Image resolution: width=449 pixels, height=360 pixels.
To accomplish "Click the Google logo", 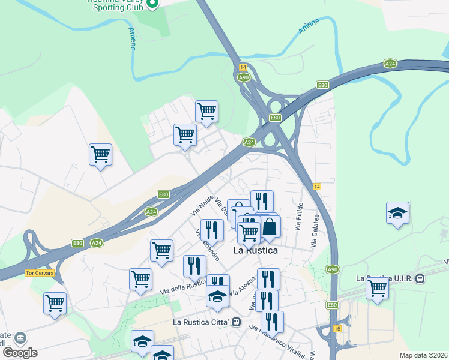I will pos(20,353).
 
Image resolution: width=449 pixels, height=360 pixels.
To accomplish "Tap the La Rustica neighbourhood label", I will pos(255,250).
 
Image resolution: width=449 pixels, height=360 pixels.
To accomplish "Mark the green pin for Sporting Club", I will pos(152,4).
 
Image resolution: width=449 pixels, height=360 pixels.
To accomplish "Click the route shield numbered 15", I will pos(337,329).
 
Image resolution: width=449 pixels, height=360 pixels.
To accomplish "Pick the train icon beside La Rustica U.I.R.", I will pos(421,278).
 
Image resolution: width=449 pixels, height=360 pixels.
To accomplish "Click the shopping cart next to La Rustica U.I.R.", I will pos(378,287).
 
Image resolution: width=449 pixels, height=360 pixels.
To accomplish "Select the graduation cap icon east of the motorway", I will pos(397,214).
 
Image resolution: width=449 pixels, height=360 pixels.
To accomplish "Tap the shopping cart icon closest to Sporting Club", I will pos(206,111).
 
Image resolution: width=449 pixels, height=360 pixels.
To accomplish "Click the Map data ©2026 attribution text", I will pos(424,355).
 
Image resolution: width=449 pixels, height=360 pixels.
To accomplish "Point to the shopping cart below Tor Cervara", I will pos(55,303).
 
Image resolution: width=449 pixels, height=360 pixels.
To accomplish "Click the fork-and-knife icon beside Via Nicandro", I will pos(212,230).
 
